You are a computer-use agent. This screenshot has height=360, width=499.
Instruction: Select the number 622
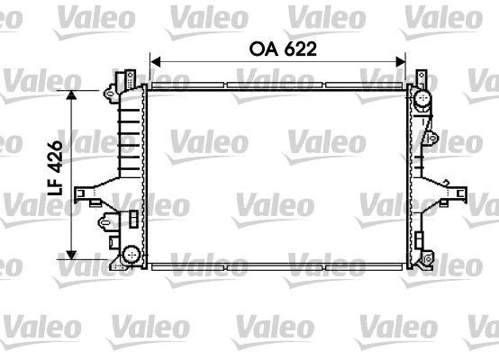pos(297,51)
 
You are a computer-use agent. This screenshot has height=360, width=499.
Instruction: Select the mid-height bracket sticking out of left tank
pos(90,192)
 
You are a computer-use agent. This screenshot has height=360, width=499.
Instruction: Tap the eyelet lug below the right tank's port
pos(431,138)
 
